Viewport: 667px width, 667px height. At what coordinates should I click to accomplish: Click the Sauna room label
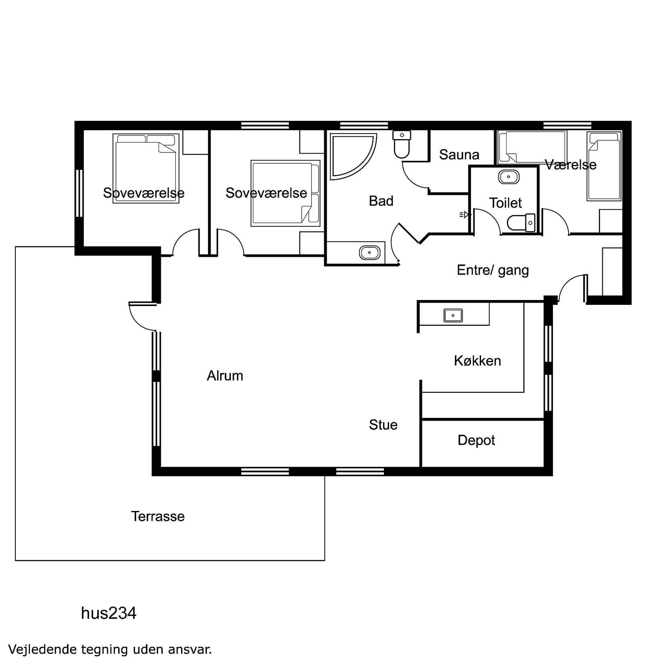click(x=459, y=154)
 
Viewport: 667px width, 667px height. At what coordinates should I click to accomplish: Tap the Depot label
click(x=476, y=440)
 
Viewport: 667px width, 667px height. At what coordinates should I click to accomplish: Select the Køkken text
click(x=477, y=361)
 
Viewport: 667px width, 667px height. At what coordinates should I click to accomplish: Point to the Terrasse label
click(x=158, y=516)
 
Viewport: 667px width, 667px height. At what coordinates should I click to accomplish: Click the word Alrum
click(x=225, y=376)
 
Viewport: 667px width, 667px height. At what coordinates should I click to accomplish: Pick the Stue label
click(x=383, y=425)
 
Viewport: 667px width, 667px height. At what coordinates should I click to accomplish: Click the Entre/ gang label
click(x=493, y=270)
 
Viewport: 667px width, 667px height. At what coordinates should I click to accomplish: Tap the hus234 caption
click(x=108, y=613)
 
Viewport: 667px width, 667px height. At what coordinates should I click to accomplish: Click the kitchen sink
click(x=453, y=315)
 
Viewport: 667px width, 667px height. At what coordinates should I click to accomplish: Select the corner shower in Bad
click(x=352, y=156)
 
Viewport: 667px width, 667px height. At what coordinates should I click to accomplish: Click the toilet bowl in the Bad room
click(x=402, y=144)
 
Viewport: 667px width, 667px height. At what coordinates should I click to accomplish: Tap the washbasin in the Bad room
click(x=369, y=253)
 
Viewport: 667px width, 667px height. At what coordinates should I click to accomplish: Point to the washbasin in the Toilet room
click(x=509, y=177)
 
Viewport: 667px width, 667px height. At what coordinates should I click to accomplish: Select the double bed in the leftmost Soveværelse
click(x=146, y=168)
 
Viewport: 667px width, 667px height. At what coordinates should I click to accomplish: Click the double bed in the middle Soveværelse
click(x=285, y=193)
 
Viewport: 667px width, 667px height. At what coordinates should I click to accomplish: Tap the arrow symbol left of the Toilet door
click(x=465, y=215)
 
